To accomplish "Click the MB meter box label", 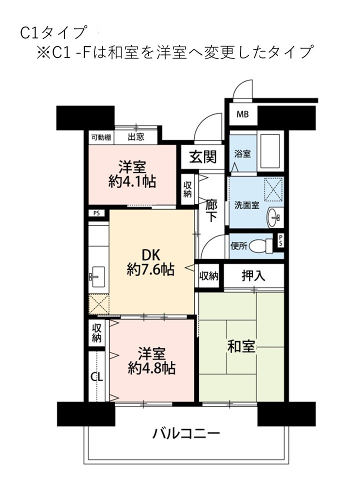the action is [242, 114].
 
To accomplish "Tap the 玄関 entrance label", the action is [203, 156].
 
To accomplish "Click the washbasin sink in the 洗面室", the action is [274, 218].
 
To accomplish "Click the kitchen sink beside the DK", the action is [96, 277].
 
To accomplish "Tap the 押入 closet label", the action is [253, 275].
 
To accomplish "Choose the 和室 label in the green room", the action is [241, 346].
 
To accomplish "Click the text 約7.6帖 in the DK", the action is [150, 269].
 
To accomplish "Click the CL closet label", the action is [96, 377].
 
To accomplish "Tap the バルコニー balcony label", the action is [186, 433].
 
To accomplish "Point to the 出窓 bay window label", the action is [136, 136].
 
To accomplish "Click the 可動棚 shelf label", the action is [101, 137].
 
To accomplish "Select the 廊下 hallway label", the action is [211, 211].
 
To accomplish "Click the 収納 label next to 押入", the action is [209, 276].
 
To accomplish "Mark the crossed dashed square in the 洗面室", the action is [273, 189].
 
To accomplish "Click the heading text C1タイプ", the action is [52, 33].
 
